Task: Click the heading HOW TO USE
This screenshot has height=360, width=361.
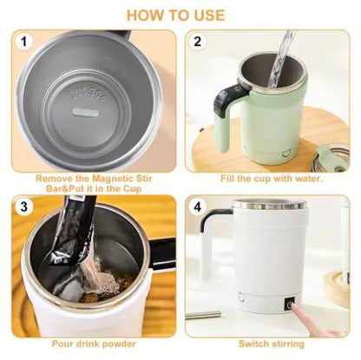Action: pos(180,16)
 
